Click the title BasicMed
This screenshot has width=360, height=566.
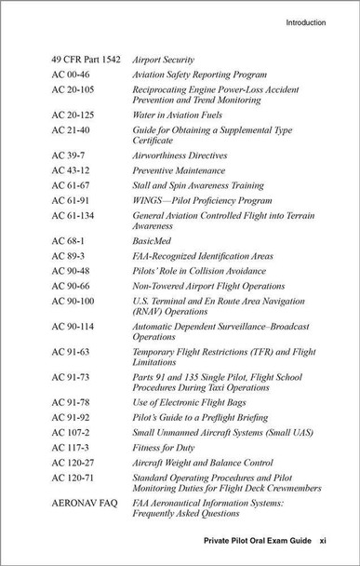152,239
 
